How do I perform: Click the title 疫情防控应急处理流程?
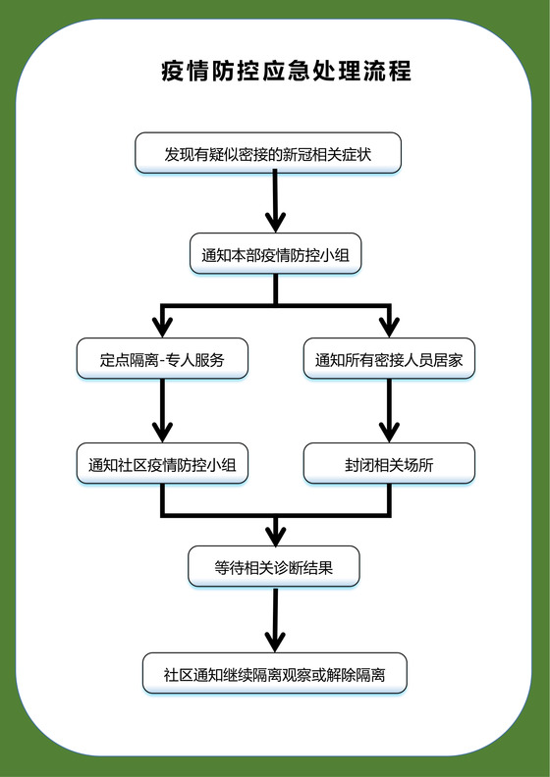(x=286, y=72)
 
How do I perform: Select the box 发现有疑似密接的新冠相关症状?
(x=267, y=153)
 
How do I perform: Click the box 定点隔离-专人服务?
(x=162, y=359)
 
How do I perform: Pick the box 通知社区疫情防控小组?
(x=162, y=464)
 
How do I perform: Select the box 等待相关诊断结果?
(x=274, y=566)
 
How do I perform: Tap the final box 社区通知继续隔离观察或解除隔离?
(x=274, y=674)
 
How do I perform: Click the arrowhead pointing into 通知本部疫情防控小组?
(x=275, y=223)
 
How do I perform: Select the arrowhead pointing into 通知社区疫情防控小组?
(x=162, y=432)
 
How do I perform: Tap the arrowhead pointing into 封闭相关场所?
(x=390, y=432)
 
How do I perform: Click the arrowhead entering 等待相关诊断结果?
(x=275, y=536)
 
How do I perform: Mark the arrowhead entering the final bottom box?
(x=275, y=642)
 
